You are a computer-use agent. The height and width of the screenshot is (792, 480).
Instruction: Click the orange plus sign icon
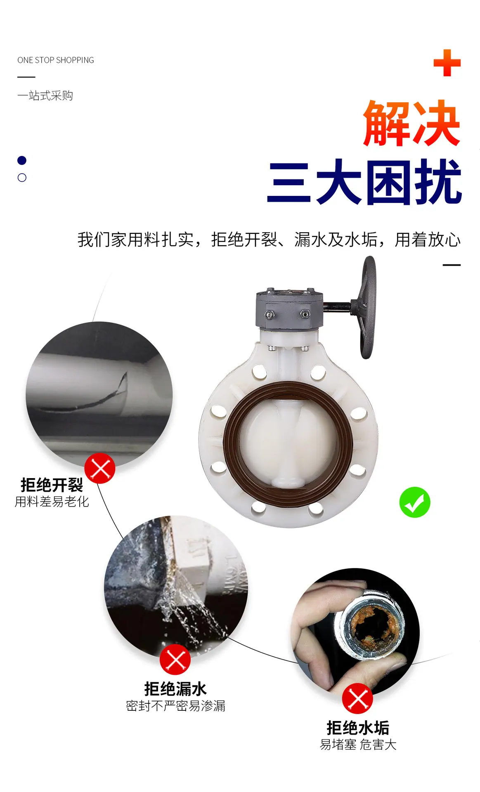pos(447,63)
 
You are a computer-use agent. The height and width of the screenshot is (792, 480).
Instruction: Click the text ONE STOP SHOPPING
pos(56,60)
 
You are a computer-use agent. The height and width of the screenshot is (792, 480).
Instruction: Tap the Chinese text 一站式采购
pos(45,96)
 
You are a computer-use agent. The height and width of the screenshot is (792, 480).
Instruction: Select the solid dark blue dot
pos(22,160)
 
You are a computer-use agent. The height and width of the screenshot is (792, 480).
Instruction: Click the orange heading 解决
pos(412,123)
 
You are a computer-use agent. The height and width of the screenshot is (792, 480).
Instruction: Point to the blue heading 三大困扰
pos(364,182)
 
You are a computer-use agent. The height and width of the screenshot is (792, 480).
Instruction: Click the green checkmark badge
pos(415,502)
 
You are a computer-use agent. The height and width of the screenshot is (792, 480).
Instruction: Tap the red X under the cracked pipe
pos(100,468)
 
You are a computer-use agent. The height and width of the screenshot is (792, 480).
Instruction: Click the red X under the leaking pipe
pos(175,660)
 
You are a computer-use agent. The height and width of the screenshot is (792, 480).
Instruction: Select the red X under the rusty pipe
pos(358,699)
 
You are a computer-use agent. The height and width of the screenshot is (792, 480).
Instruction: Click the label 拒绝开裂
pos(52,485)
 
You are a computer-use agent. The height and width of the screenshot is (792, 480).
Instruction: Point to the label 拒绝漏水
pos(175,689)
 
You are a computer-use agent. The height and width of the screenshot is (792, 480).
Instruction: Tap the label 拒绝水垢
pos(358,728)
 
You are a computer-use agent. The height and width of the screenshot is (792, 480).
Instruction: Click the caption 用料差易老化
pos(52,502)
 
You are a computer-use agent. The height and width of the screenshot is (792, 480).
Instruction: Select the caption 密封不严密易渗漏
pos(175,706)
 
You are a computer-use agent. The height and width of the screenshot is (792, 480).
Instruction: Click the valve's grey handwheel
pos(367,307)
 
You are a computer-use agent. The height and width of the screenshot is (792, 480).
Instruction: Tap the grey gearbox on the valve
pos(289,309)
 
